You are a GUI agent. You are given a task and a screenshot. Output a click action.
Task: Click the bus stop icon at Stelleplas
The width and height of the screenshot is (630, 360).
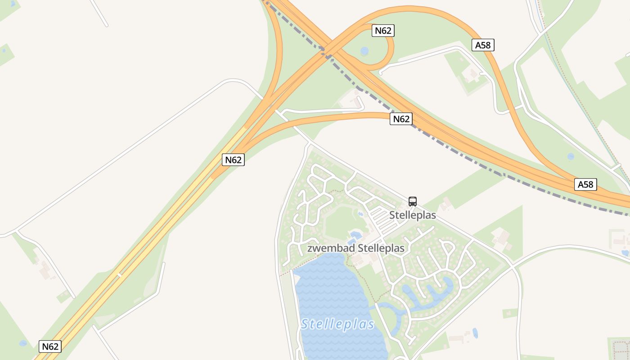pos(413,201)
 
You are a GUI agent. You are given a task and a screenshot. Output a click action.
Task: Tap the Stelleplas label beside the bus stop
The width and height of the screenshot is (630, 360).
pos(412,215)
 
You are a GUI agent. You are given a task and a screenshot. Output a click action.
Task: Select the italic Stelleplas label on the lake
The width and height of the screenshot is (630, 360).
pos(337,324)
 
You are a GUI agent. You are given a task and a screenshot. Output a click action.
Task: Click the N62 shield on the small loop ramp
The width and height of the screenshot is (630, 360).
pos(383,31)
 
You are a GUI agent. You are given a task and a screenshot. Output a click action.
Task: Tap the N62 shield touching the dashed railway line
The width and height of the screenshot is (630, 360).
pos(401,119)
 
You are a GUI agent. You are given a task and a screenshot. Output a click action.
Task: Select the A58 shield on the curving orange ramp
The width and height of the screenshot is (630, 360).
pos(483,45)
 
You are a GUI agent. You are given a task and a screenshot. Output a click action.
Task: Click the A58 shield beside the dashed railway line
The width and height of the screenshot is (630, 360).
pos(585,184)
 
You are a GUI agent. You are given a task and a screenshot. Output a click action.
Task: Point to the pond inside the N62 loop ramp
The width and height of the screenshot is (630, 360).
pos(364,51)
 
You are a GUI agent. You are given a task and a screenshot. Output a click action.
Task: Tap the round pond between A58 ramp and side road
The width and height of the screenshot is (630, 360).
pos(571,157)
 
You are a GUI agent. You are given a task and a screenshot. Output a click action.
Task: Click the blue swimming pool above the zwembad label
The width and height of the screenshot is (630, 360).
pos(355,234)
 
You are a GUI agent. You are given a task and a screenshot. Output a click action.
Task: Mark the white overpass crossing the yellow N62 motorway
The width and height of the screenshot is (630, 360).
pos(120,274)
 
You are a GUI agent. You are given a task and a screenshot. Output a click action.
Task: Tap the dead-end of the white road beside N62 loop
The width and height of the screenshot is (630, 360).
pos(380,72)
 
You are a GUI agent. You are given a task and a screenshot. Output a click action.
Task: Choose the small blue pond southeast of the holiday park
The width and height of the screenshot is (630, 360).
pos(475,333)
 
